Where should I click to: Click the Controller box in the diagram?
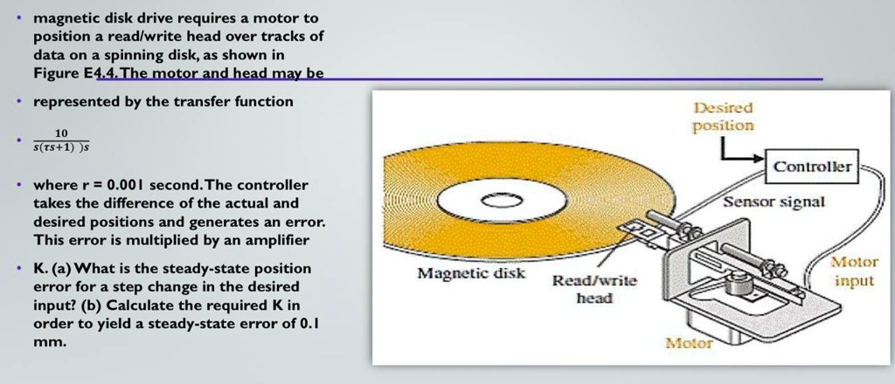812,166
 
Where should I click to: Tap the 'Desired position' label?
723,117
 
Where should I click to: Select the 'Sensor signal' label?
774,202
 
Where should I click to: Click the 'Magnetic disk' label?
471,274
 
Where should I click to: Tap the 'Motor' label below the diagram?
688,343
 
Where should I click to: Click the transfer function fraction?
60,141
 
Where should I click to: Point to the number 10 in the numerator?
60,133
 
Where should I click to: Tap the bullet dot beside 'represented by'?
18,102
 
